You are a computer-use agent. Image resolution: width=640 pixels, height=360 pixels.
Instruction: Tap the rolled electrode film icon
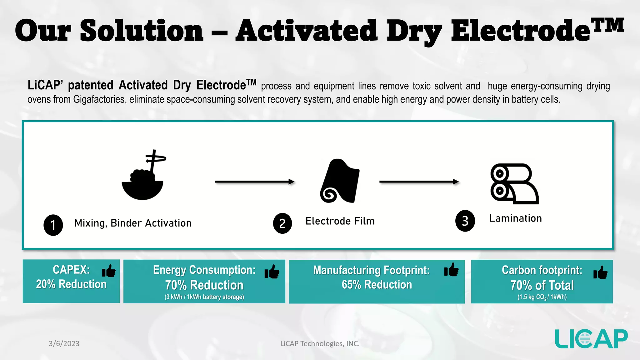(340, 181)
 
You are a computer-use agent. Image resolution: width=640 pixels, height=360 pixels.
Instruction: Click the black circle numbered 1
(53, 225)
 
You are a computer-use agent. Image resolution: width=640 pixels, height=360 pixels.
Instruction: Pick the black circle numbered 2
(282, 223)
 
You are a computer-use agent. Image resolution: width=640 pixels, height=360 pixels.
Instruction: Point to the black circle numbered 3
(465, 221)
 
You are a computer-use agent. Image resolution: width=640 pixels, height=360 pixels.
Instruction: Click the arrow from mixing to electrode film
(254, 182)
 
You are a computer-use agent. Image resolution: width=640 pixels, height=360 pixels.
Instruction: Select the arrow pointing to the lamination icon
(419, 182)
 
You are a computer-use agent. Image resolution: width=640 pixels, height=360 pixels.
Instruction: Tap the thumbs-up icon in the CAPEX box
(109, 271)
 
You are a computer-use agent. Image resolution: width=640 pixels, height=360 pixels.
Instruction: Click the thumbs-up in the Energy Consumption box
(272, 272)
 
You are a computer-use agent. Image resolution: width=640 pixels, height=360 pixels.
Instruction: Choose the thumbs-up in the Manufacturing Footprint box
(451, 269)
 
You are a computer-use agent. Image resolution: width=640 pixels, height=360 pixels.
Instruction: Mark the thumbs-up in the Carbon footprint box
(600, 272)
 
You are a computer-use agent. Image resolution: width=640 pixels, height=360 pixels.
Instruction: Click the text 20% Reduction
(71, 284)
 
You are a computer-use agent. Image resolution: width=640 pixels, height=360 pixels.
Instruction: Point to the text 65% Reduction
(377, 285)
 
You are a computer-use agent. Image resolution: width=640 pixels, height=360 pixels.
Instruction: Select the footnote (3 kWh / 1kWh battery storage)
(204, 297)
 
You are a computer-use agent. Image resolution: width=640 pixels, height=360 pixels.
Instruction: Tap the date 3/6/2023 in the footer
(64, 343)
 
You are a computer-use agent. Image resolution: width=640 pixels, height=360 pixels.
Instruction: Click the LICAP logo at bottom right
(591, 339)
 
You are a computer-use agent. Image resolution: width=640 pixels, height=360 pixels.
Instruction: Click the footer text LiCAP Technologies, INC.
(320, 343)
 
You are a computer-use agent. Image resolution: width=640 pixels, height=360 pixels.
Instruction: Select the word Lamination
(515, 218)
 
